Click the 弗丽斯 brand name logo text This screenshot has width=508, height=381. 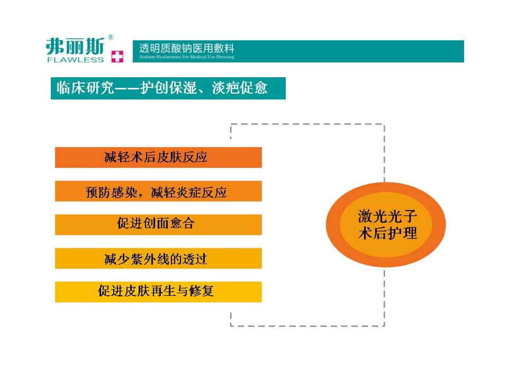coord(76,47)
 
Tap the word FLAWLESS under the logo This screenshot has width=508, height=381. coord(76,60)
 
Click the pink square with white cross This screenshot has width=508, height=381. coord(117,57)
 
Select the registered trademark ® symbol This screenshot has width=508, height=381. coord(111,37)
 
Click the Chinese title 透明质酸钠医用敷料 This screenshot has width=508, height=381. coord(187,48)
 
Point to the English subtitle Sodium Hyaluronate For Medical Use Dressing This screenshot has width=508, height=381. coord(187,57)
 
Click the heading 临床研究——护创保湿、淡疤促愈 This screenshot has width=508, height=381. coord(162,88)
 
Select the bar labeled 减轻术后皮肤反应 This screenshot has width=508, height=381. coord(158,158)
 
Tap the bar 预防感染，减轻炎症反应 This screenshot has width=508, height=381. coord(158,191)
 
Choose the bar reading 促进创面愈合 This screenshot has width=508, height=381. coord(158,224)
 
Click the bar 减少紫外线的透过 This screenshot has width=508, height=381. coord(158,258)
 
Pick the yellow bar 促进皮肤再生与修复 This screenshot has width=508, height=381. coord(158,292)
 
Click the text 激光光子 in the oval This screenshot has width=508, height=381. coord(387,216)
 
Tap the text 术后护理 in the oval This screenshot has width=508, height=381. coord(387,233)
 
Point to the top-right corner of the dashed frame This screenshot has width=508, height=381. coord(384,124)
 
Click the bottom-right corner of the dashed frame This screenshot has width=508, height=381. coord(384,325)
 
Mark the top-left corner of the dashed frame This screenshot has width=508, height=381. coord(231,124)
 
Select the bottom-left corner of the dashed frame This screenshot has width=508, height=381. coord(231,325)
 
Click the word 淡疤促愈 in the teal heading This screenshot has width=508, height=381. coord(240,88)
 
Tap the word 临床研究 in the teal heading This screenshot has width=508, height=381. coord(85,88)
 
